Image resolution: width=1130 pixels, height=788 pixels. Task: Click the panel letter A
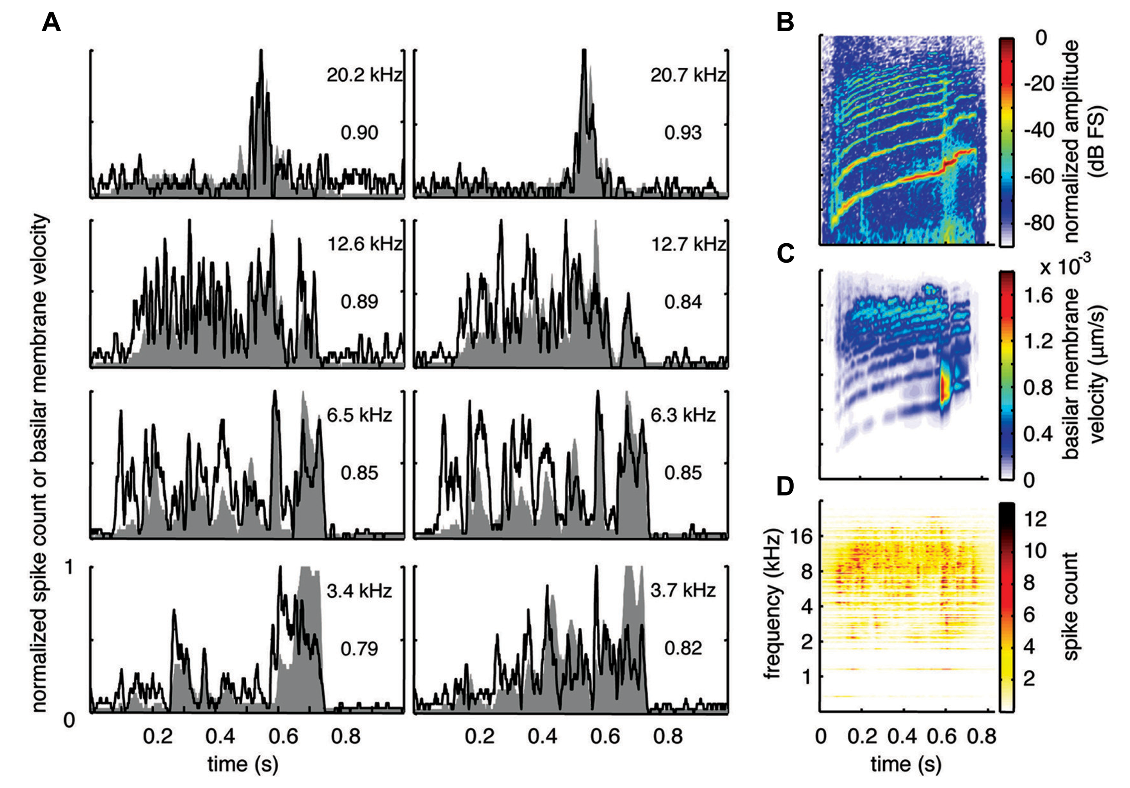51,23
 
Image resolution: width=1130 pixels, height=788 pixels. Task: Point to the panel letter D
786,486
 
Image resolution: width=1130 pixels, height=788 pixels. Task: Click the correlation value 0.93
683,132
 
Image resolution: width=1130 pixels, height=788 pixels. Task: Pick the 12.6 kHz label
364,244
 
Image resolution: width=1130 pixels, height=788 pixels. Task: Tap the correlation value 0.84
683,302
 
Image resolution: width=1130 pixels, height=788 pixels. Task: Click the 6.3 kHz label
683,415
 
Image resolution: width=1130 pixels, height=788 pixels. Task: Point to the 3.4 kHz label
359,590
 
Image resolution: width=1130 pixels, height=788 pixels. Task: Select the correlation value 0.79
359,648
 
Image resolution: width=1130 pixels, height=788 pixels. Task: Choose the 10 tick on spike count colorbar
1035,551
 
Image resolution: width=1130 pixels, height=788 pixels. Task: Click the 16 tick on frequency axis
801,537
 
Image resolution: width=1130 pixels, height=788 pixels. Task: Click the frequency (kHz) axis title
773,604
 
